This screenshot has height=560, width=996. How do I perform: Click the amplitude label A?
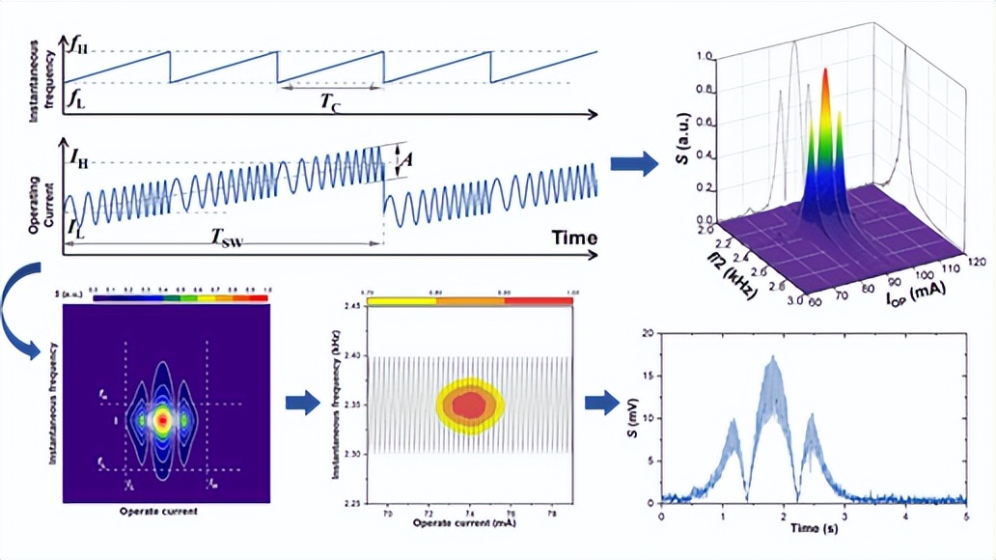pyautogui.click(x=408, y=161)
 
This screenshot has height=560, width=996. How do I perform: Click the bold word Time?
pyautogui.click(x=574, y=238)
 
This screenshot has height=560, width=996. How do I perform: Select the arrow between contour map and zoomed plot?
pyautogui.click(x=302, y=403)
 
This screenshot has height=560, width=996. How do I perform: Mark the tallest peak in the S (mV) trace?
pyautogui.click(x=772, y=358)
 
